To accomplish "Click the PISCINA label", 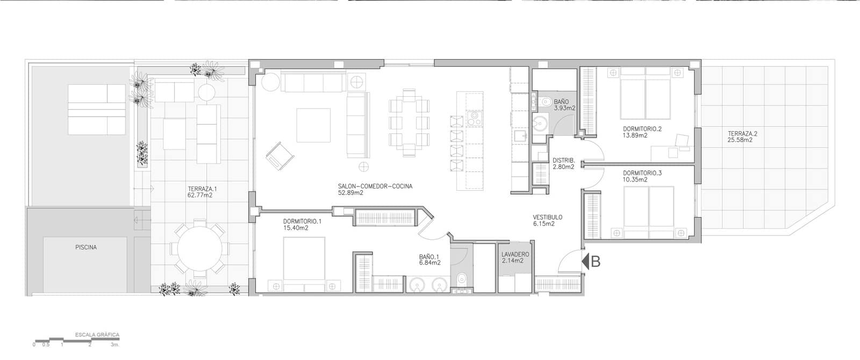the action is [86, 248].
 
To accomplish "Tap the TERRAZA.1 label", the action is [202, 189].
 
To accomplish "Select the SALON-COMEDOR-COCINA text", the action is [375, 186].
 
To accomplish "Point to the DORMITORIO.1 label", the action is [302, 221].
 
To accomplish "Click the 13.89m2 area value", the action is [635, 135].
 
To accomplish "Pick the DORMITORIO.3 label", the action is [642, 173].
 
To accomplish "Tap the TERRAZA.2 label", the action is [742, 134].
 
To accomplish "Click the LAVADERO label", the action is [515, 255].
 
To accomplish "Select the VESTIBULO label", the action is [548, 217].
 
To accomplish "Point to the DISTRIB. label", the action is [564, 161].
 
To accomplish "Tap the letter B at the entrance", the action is [596, 261].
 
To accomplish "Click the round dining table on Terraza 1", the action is [199, 248].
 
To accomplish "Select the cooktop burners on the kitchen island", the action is [475, 118].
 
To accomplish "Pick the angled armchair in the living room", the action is [280, 156].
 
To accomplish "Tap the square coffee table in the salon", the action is [313, 125].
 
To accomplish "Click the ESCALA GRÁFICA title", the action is [97, 335].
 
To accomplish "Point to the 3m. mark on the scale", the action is [115, 344].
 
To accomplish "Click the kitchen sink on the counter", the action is [520, 136].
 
